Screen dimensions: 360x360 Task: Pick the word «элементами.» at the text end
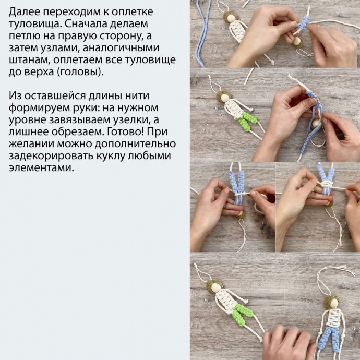point(41,167)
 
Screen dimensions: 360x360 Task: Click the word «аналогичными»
point(121,47)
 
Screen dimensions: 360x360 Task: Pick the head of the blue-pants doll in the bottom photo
point(333,303)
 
